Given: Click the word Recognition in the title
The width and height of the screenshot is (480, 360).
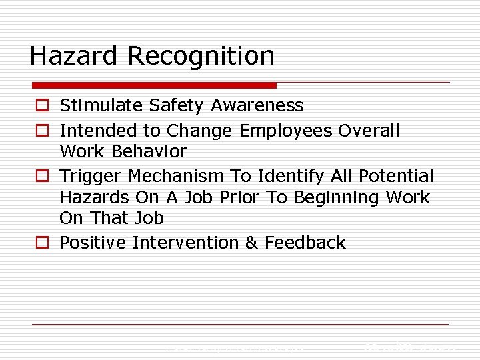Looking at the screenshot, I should click(x=201, y=57).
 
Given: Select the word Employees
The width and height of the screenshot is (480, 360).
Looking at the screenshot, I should click(x=285, y=131).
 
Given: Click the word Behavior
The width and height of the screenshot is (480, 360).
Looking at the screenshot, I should click(x=149, y=151).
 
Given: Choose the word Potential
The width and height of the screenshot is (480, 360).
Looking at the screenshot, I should click(x=395, y=176).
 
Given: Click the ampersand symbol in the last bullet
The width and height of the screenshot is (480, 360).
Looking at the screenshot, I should click(x=251, y=243).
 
